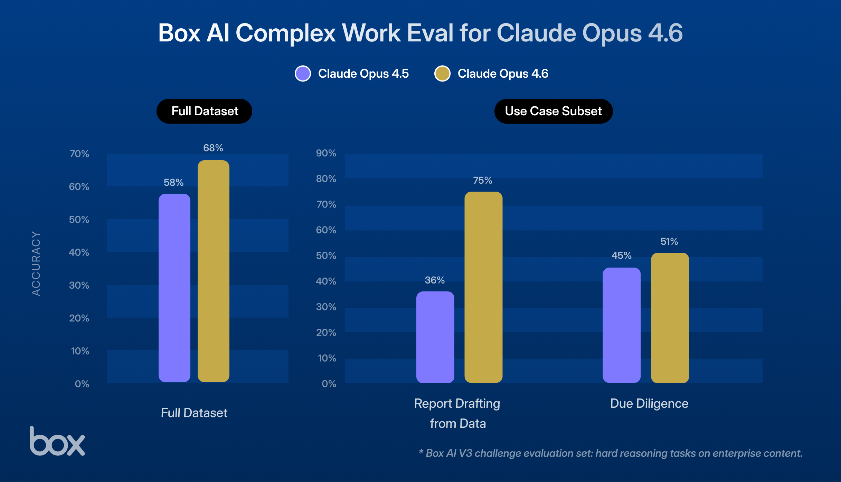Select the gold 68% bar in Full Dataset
point(214,271)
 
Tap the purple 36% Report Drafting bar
point(435,337)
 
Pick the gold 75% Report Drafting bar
point(483,287)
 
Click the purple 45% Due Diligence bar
point(622,325)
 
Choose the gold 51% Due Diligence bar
point(670,318)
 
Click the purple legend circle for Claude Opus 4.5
point(303,74)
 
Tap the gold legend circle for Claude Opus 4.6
point(442,74)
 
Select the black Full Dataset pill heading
point(204,111)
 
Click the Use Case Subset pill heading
point(554,111)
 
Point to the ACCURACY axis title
point(36,263)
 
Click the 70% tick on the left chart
point(79,154)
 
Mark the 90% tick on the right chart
point(326,153)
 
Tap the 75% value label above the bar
point(482,180)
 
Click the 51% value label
point(669,241)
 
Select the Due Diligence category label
point(649,403)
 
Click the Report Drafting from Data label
point(457,413)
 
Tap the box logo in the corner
point(57,442)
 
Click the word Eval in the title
point(430,33)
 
